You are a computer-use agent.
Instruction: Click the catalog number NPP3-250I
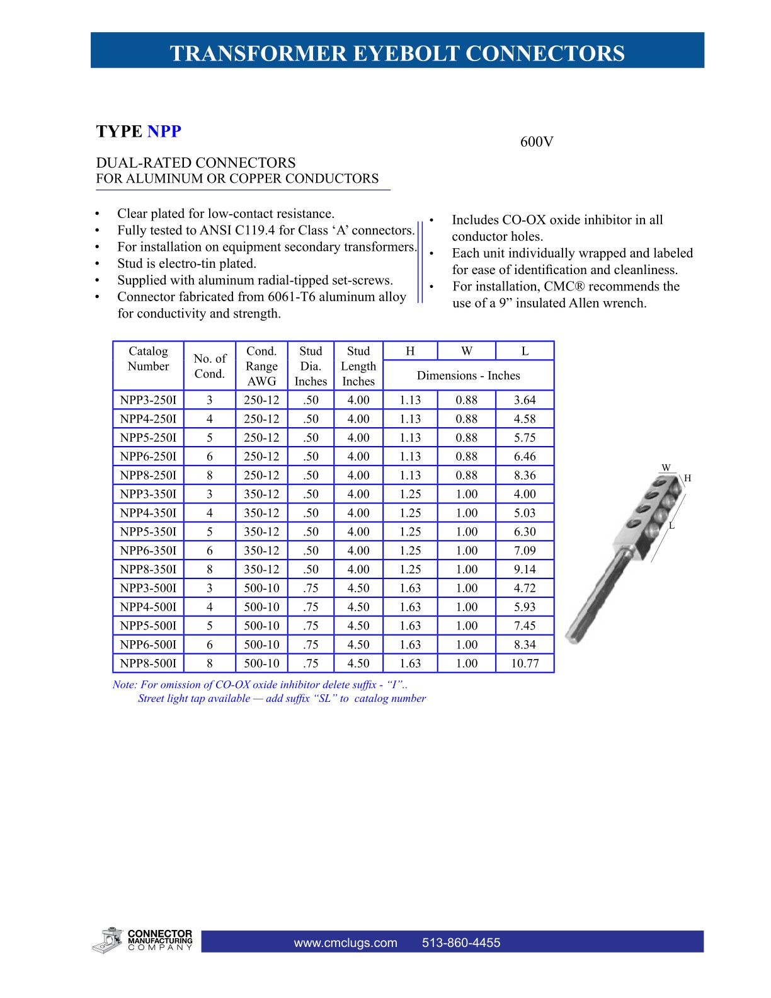pyautogui.click(x=148, y=400)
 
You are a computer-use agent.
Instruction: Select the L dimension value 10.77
pyautogui.click(x=525, y=663)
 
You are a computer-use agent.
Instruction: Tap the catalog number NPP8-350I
pyautogui.click(x=148, y=570)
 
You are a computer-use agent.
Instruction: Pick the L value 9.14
pyautogui.click(x=525, y=570)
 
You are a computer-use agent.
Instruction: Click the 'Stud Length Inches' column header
pyautogui.click(x=358, y=366)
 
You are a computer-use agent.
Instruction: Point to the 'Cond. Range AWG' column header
pyautogui.click(x=261, y=366)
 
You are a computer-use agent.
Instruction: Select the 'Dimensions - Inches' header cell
pyautogui.click(x=468, y=376)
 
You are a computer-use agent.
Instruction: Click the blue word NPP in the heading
pyautogui.click(x=164, y=132)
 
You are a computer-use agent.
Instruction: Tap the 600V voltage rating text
pyautogui.click(x=537, y=142)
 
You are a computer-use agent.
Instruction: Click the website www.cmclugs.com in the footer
pyautogui.click(x=345, y=943)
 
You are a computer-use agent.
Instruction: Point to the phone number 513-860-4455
pyautogui.click(x=461, y=943)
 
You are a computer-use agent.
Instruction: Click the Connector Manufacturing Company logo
pyautogui.click(x=142, y=940)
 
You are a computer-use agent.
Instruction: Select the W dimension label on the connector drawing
pyautogui.click(x=666, y=467)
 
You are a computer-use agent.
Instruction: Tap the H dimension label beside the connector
pyautogui.click(x=688, y=478)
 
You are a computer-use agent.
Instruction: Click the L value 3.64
pyautogui.click(x=525, y=400)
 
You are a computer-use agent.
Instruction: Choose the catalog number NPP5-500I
pyautogui.click(x=148, y=626)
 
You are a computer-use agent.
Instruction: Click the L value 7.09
pyautogui.click(x=525, y=551)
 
